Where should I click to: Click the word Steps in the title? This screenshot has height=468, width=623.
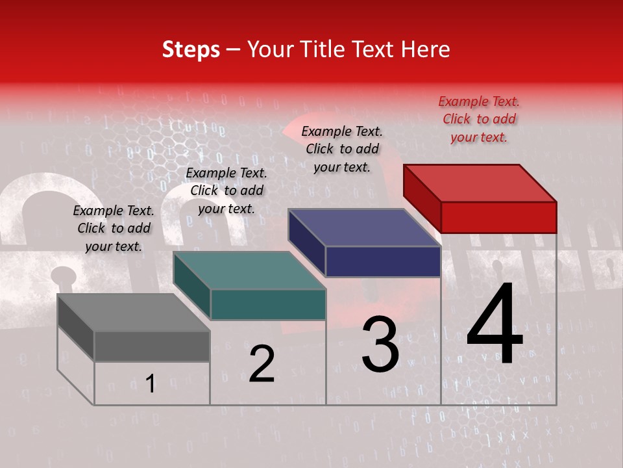(x=191, y=49)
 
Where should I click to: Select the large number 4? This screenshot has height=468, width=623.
(x=495, y=325)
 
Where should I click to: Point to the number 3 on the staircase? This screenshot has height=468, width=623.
(x=380, y=344)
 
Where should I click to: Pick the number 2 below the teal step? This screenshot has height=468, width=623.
(x=262, y=364)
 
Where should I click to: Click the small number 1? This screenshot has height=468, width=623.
(x=151, y=383)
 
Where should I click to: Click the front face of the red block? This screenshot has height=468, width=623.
(x=498, y=217)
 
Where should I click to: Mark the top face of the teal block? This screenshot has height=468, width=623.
(x=249, y=270)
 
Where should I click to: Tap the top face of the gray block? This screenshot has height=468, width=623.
(x=134, y=312)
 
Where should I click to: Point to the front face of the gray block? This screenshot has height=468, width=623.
(x=152, y=346)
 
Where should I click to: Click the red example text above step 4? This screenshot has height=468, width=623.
(x=479, y=119)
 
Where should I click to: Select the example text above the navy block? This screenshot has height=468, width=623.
(x=342, y=149)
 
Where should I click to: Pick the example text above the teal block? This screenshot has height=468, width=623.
(x=226, y=190)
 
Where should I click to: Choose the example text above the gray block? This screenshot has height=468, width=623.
(x=114, y=228)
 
